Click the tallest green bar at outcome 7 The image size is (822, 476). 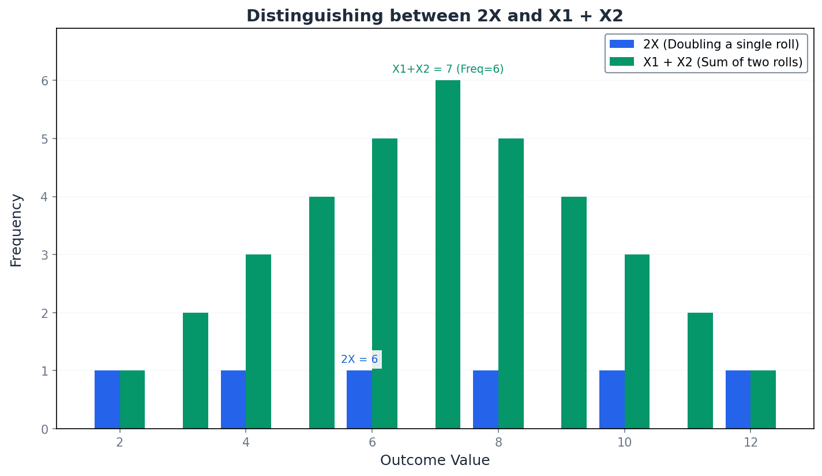tap(448, 254)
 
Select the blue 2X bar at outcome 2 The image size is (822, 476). tap(107, 399)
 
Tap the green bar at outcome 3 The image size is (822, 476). tap(196, 370)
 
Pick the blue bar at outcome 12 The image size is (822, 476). tap(738, 399)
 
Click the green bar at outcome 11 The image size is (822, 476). tap(700, 370)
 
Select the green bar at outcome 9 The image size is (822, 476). tap(573, 312)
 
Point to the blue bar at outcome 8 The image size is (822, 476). tap(485, 399)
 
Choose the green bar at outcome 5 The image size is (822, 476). tap(321, 312)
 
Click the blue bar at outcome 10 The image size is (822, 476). tap(611, 399)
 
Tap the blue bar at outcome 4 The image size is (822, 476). tap(233, 399)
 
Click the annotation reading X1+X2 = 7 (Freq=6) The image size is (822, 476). tap(448, 69)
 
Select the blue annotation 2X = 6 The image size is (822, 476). tap(359, 359)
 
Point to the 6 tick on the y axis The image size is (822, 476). tap(44, 81)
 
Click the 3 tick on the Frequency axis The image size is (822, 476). tap(44, 255)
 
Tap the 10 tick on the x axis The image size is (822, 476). tap(624, 443)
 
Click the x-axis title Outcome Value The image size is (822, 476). tap(434, 460)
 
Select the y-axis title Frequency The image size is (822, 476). tap(17, 230)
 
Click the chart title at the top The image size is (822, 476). tap(434, 16)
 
